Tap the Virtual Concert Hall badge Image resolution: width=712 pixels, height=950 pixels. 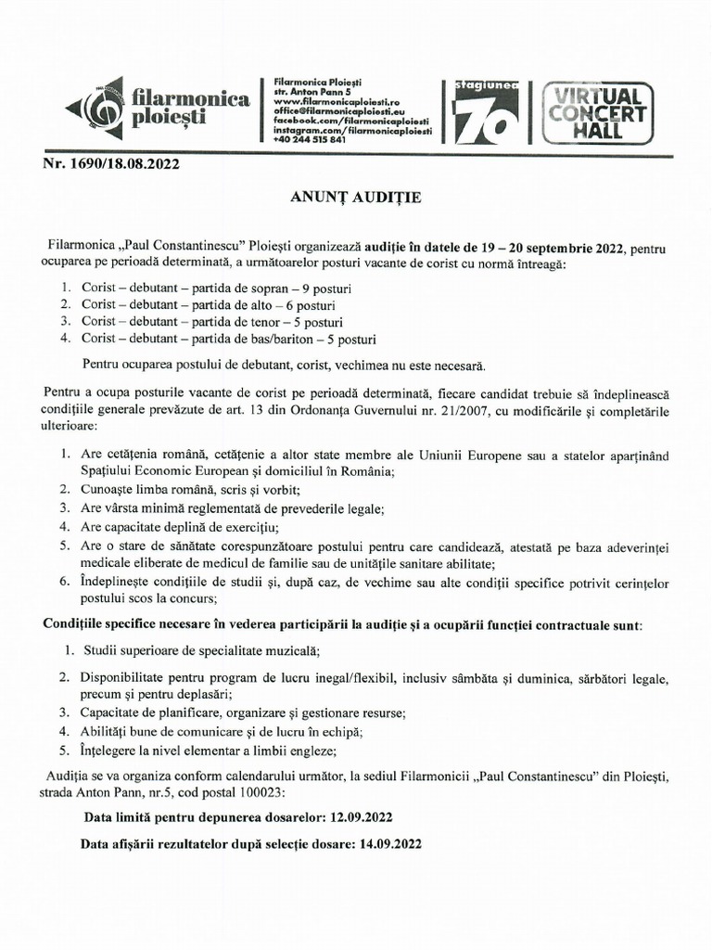(597, 112)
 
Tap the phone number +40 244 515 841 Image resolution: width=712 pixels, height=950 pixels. (305, 139)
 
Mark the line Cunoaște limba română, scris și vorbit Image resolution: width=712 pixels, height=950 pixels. (192, 490)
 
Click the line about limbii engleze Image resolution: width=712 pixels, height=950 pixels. (209, 751)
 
